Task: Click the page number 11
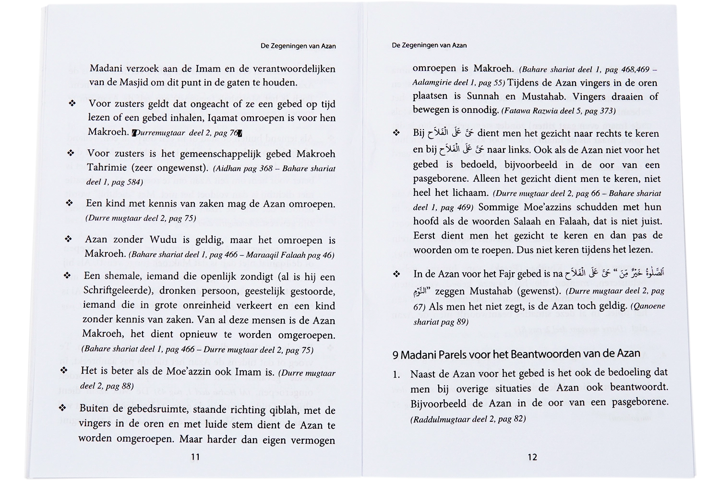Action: point(195,456)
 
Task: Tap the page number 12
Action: point(532,457)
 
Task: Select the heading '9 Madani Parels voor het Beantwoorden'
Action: point(516,354)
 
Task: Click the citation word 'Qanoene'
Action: point(648,306)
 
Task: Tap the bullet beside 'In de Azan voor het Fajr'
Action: point(396,274)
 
